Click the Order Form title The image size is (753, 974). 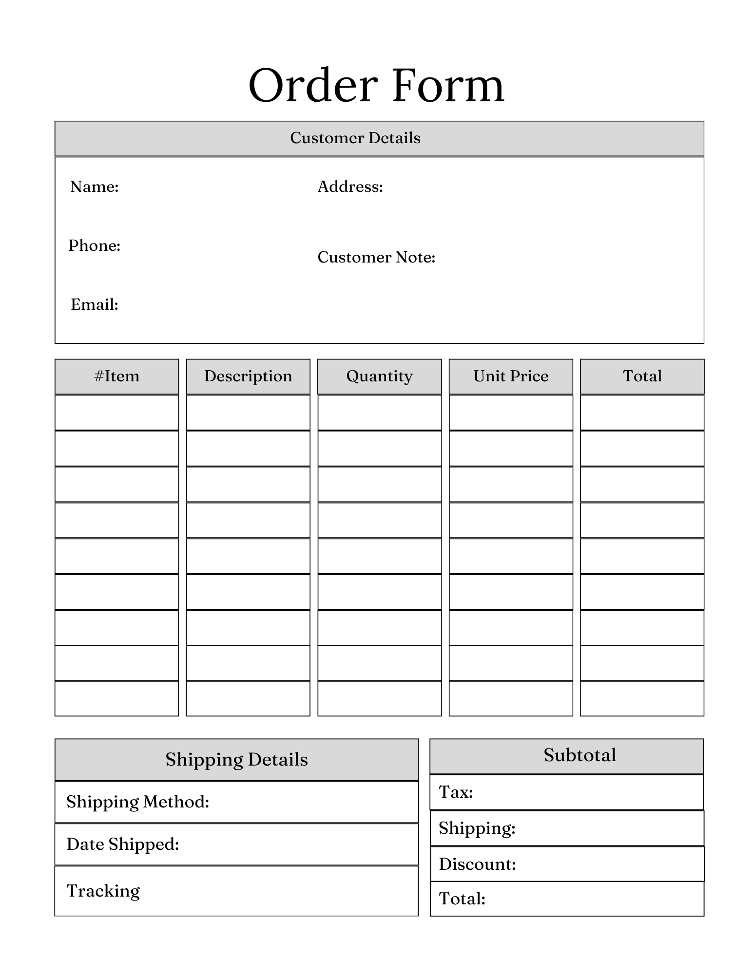376,86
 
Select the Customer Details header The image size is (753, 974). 355,138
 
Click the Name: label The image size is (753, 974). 95,187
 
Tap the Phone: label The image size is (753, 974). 95,245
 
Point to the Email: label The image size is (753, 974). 95,304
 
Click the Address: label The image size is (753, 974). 350,187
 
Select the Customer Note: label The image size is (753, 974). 376,257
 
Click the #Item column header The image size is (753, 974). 117,376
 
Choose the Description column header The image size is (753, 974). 248,376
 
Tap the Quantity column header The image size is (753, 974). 379,376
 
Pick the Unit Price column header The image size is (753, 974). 511,376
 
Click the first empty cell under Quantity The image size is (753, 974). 379,412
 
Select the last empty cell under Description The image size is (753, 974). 248,698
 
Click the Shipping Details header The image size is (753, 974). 236,760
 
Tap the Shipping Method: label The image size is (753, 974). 138,802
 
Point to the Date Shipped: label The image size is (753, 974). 123,844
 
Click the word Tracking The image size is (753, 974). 103,891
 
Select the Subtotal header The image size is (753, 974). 580,755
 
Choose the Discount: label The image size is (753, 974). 477,864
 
